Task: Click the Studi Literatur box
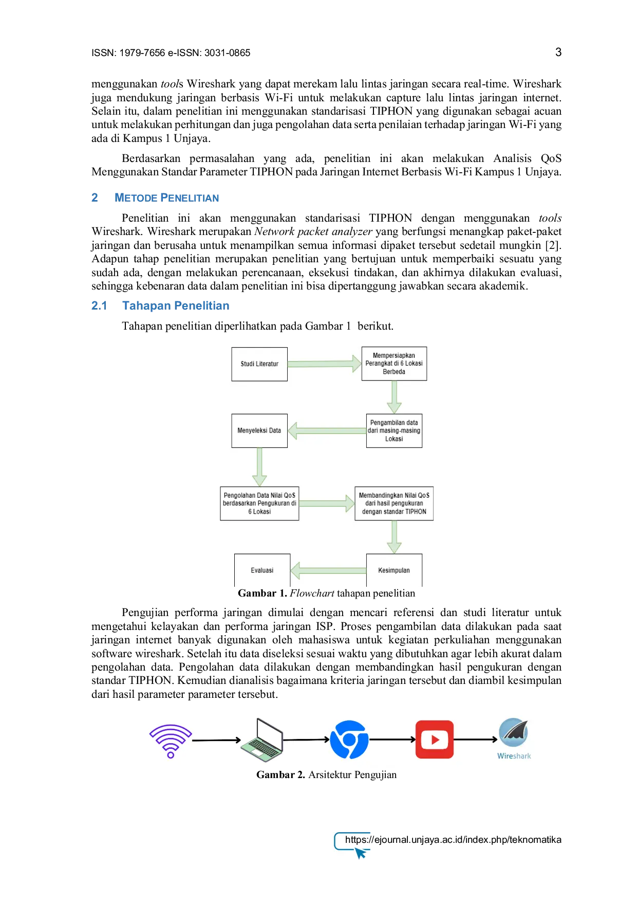tap(259, 364)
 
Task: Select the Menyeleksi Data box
tap(259, 430)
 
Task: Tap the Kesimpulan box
tap(394, 570)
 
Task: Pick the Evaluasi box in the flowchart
tap(262, 570)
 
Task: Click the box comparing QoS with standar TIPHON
tap(394, 503)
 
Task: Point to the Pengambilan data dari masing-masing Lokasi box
tap(394, 430)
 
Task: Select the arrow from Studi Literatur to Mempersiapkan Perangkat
tap(325, 364)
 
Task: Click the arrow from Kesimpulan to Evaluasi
tap(328, 570)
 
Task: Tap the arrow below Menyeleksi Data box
tap(259, 467)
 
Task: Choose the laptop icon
tap(262, 739)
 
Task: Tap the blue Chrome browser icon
tap(349, 739)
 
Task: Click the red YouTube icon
tap(435, 739)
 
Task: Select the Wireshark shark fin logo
tap(514, 733)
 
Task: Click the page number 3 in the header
tap(558, 52)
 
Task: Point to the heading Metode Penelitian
tap(166, 198)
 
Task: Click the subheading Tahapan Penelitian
tap(176, 306)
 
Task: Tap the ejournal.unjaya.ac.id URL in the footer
tap(453, 840)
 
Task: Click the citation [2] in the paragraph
tap(553, 245)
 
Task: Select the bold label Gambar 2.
tap(280, 775)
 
